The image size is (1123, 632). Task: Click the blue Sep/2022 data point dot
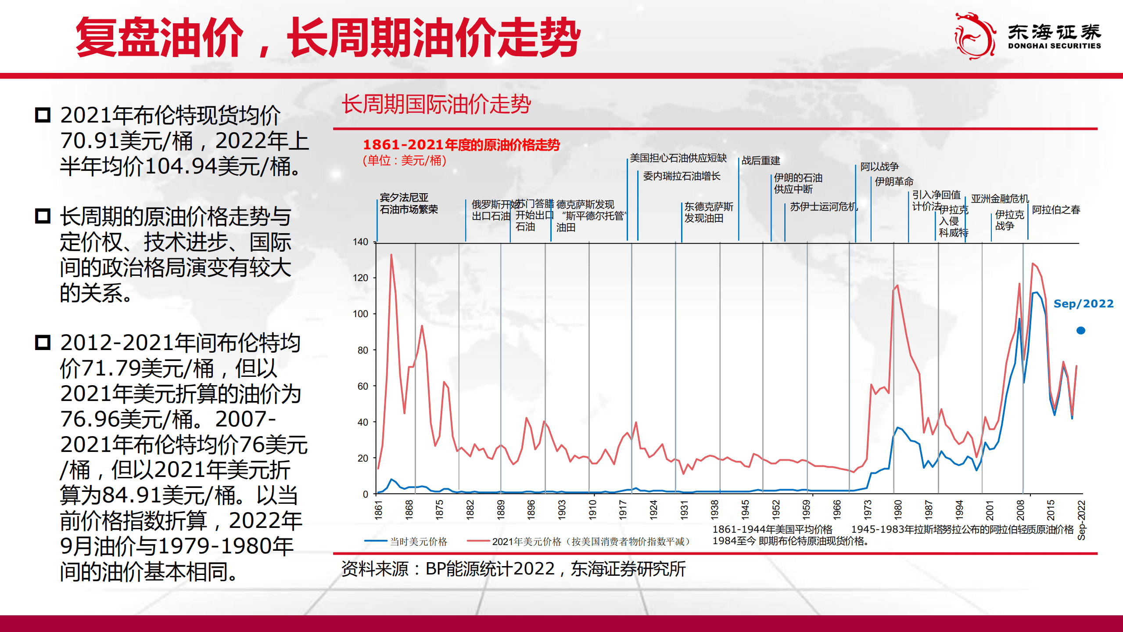[x=1081, y=330]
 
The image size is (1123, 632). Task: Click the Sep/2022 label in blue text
[x=1083, y=303]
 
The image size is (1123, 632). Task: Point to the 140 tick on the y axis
[x=360, y=242]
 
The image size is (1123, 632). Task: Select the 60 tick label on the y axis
[x=362, y=386]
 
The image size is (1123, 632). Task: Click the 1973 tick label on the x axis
[x=868, y=509]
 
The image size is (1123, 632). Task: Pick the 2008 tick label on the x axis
[x=1020, y=509]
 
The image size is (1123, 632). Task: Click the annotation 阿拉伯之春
[x=1056, y=210]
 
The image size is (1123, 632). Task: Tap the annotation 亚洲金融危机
[x=1000, y=199]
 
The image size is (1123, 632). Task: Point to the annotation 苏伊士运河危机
[x=824, y=206]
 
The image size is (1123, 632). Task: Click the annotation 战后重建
[x=761, y=161]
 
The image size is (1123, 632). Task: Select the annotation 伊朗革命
[x=894, y=181]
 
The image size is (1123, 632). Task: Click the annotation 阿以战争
[x=879, y=166]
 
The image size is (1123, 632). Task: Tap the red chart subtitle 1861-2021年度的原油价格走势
[x=461, y=144]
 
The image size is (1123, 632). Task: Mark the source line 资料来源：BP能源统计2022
[x=513, y=569]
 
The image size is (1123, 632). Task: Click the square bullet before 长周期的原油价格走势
[x=43, y=216]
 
